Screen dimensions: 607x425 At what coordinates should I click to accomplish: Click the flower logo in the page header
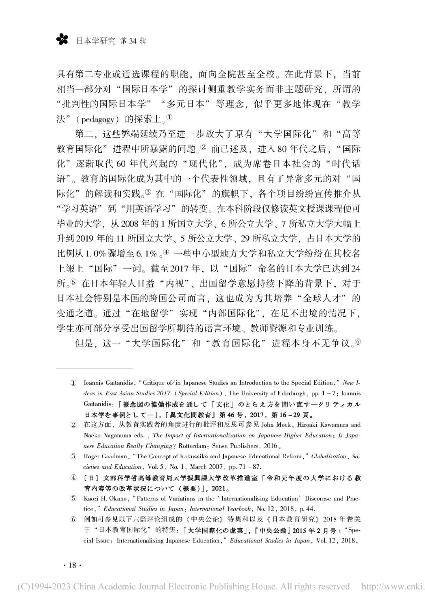coord(62,40)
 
